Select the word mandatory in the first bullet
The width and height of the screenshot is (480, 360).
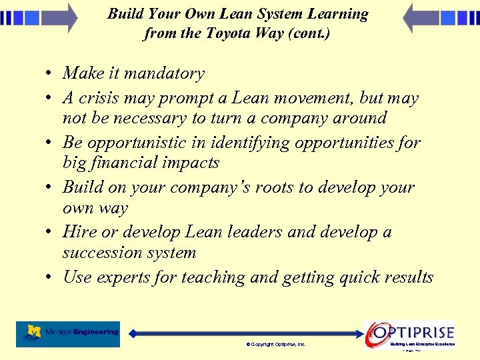[163, 74]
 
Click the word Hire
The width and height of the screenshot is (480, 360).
[79, 232]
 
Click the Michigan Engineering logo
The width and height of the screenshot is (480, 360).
[68, 333]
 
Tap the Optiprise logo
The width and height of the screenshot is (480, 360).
[411, 333]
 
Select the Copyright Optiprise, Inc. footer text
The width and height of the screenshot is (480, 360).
[275, 344]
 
